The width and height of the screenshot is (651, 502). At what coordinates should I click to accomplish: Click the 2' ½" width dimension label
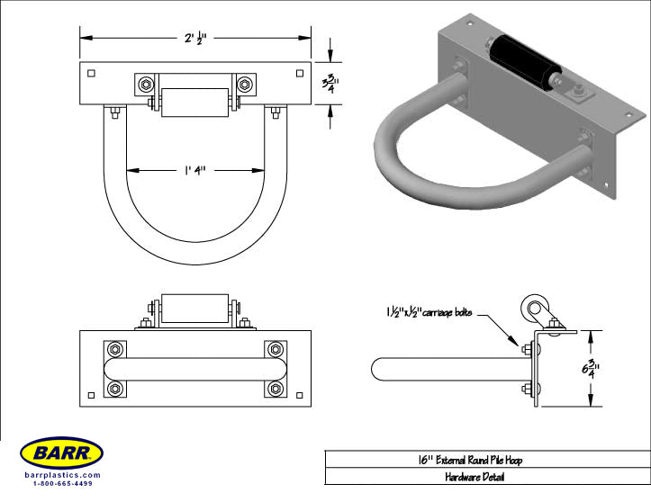(x=195, y=38)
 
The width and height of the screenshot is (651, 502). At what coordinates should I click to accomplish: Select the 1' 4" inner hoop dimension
(x=195, y=170)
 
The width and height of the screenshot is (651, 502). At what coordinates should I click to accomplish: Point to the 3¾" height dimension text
(x=330, y=84)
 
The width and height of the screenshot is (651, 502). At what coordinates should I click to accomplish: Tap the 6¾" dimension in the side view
(x=591, y=369)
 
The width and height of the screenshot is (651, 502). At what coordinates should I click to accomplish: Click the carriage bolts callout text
(x=429, y=312)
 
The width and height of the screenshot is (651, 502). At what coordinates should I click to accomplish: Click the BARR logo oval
(x=61, y=453)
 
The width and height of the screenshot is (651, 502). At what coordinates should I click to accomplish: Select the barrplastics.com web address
(x=62, y=475)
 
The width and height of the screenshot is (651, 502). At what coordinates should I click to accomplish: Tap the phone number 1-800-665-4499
(x=62, y=483)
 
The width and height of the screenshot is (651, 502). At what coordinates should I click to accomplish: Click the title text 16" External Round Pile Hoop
(x=470, y=460)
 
